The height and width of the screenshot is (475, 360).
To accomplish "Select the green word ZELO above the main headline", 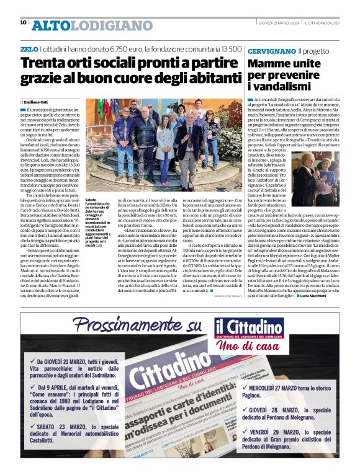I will (29, 48).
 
